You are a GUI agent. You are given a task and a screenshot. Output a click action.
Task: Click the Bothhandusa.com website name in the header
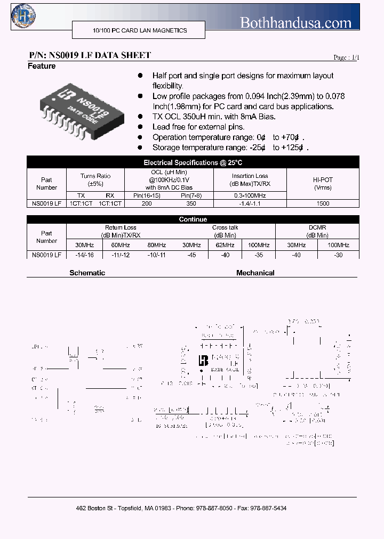click(295, 22)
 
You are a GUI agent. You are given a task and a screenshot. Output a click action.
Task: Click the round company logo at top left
click(22, 15)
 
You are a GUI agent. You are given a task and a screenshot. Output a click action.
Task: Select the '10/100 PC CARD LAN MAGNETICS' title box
click(140, 31)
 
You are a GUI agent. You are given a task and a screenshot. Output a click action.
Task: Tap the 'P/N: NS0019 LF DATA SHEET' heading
click(90, 55)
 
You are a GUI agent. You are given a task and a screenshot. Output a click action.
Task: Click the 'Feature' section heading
click(42, 67)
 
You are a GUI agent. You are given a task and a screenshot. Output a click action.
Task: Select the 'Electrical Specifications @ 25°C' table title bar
click(193, 162)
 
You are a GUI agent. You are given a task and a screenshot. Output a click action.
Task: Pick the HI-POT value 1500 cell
click(323, 203)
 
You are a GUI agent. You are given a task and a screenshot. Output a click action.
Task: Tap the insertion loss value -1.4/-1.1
click(250, 203)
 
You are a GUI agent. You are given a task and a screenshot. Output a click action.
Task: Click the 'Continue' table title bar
click(193, 219)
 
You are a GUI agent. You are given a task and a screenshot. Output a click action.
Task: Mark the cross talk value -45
click(192, 255)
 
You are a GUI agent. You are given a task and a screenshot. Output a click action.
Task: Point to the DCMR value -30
click(338, 255)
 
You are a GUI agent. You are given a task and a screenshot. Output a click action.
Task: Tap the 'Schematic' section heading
click(87, 273)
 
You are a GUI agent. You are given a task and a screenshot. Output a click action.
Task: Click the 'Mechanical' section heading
click(255, 273)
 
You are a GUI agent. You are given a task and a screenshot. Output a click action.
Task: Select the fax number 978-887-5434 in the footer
click(269, 509)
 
